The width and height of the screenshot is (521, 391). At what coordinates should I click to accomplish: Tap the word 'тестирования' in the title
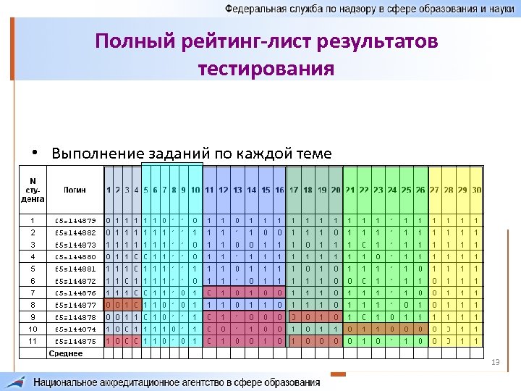pos(266,69)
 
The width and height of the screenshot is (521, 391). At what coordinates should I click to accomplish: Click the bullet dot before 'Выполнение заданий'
pos(35,154)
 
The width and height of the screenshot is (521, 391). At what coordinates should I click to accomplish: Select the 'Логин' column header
pos(75,190)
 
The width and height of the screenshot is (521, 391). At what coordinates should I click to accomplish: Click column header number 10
pos(195,190)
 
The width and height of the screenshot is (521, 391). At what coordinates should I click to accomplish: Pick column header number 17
pos(294,190)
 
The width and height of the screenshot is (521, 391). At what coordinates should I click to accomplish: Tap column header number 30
pos(476,190)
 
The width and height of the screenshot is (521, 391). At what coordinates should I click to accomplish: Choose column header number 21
pos(350,190)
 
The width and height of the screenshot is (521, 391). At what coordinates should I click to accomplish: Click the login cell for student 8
pos(75,306)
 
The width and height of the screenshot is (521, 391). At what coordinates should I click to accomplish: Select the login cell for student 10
pos(75,329)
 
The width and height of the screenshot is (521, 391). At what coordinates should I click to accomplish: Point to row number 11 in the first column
pos(32,341)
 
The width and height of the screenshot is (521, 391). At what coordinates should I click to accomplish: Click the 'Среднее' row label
pos(66,353)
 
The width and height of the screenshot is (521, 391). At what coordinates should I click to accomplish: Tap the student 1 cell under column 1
pos(108,219)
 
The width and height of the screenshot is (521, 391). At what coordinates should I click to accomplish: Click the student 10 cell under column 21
pos(350,329)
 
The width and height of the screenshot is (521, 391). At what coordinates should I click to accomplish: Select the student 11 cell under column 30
pos(476,341)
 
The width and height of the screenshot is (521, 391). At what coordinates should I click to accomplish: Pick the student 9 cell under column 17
pos(294,317)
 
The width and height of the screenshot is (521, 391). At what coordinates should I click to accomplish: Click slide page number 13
pos(495,361)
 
